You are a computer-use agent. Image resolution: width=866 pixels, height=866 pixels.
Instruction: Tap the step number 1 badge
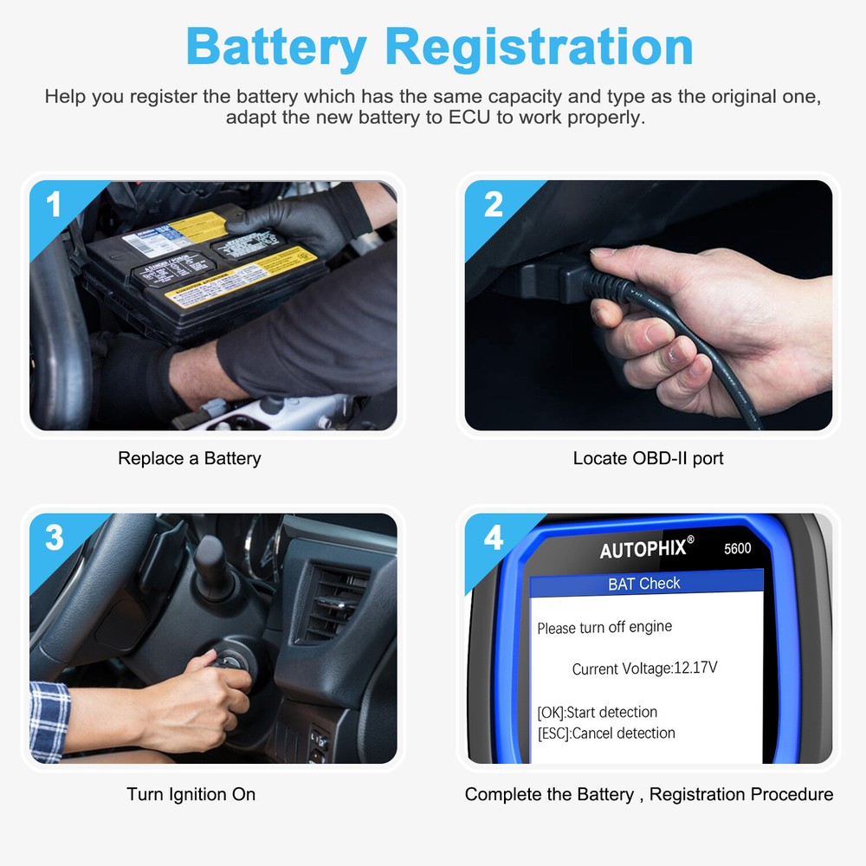tap(54, 205)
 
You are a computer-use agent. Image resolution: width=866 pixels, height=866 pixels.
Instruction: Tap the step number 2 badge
tap(493, 205)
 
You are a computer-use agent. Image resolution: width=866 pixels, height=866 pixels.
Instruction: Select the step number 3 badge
tap(54, 538)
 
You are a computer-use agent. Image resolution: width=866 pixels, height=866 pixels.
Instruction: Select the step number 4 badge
tap(493, 538)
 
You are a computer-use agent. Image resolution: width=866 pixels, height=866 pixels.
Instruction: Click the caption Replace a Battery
tap(189, 458)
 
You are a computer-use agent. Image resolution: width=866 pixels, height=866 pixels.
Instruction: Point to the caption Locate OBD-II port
tap(648, 458)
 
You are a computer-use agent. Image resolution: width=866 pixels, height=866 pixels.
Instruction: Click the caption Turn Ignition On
tap(191, 794)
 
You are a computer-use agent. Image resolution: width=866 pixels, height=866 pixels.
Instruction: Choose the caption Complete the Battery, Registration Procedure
tap(649, 794)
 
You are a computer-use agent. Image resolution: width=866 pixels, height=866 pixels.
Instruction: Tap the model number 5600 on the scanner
tap(737, 548)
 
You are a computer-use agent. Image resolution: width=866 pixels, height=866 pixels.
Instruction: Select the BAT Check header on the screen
tap(644, 584)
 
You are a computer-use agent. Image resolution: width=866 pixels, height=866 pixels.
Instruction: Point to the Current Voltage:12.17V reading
tap(644, 669)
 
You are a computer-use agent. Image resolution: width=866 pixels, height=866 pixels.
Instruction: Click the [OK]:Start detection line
tap(597, 713)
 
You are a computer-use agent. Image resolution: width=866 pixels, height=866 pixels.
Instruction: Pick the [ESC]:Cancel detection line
tap(605, 734)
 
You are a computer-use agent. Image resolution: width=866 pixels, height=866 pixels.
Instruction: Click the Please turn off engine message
tap(604, 628)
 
